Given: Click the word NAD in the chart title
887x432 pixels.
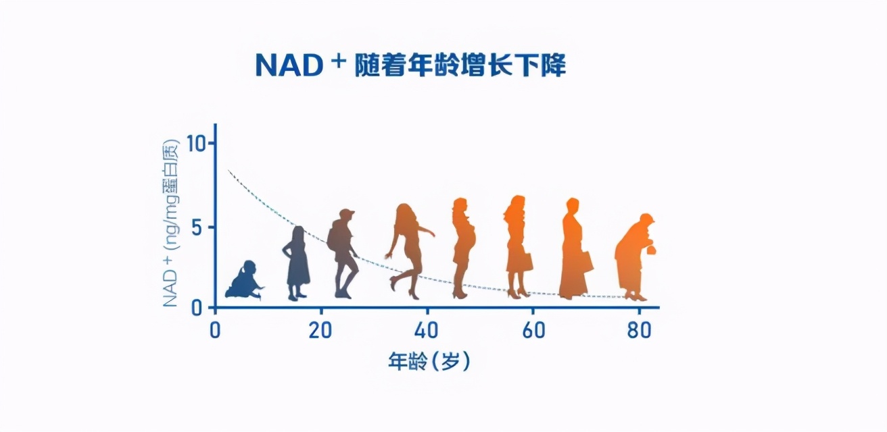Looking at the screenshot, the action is (289, 65).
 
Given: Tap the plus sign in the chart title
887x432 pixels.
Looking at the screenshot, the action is (339, 61).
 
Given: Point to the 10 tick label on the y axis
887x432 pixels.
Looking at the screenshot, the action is (197, 143).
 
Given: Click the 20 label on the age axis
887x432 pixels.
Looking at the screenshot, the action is (320, 330).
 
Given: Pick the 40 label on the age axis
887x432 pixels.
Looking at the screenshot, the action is (426, 330).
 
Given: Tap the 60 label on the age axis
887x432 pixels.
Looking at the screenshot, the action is (533, 330).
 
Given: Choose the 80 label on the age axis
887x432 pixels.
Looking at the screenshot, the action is (639, 330).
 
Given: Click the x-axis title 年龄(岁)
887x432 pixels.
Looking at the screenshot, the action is (429, 361).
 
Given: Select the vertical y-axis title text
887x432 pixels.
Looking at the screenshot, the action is (171, 223).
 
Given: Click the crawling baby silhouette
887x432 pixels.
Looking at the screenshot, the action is (244, 280).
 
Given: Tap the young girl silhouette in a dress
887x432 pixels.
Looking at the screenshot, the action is (297, 263).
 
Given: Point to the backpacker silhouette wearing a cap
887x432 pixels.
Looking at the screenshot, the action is (343, 254).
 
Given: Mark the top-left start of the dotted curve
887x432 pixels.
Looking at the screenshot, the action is (228, 169).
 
